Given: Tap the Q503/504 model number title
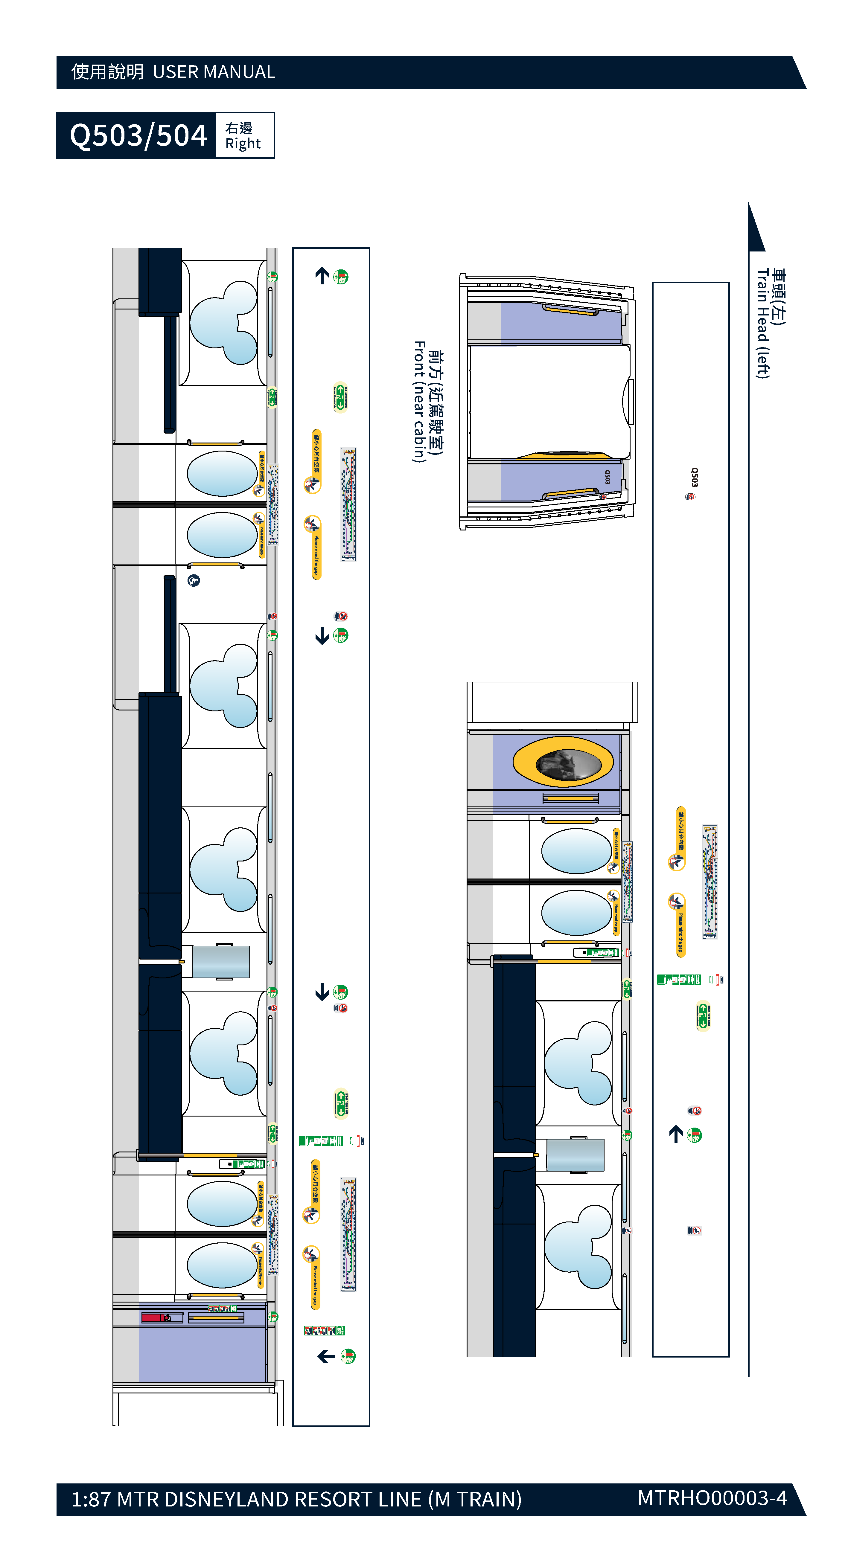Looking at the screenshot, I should click(138, 135).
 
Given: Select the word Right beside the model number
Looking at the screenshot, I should click(243, 144).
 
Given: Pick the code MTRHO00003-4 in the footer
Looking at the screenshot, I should click(712, 1497).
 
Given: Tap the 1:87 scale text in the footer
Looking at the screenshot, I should click(92, 1499).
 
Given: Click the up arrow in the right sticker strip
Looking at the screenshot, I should click(676, 1134).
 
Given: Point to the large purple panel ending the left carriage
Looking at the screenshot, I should click(202, 1351).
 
